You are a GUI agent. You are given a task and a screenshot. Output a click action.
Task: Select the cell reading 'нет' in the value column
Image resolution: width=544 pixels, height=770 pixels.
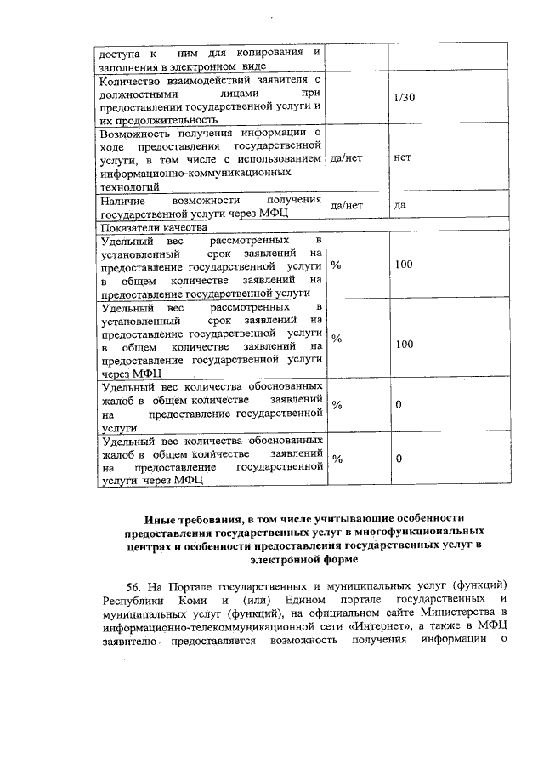point(402,159)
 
